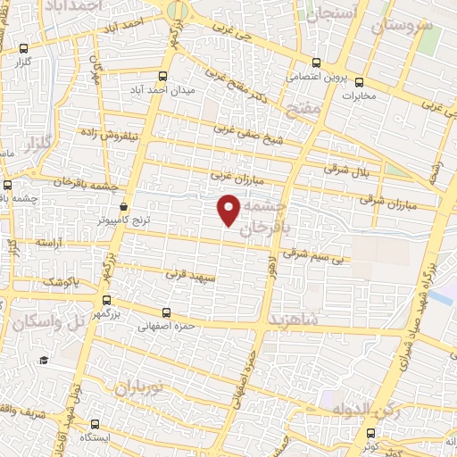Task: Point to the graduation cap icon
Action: click(42, 360)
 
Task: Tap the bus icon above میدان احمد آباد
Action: click(162, 77)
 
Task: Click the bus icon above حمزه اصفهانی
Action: click(167, 312)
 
